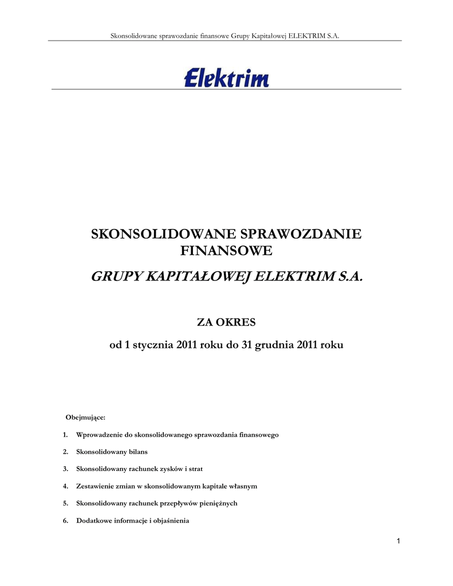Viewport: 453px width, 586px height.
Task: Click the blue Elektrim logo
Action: [x=226, y=77]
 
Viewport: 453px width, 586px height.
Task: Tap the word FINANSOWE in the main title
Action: [x=226, y=251]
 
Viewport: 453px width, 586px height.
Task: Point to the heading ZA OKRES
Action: [x=226, y=323]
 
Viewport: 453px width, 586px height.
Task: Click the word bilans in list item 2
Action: [x=136, y=452]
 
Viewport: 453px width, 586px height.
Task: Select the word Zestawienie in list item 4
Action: [x=94, y=486]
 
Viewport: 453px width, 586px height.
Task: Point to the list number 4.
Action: [x=65, y=486]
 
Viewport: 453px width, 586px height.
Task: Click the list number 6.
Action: [x=65, y=521]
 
